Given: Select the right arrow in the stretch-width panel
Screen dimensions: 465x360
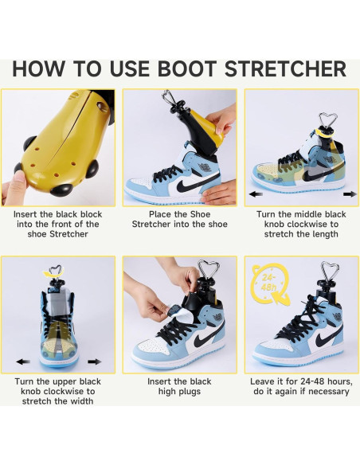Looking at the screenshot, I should click(95, 361).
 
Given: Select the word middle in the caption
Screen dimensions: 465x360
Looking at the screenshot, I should click(306, 214).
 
